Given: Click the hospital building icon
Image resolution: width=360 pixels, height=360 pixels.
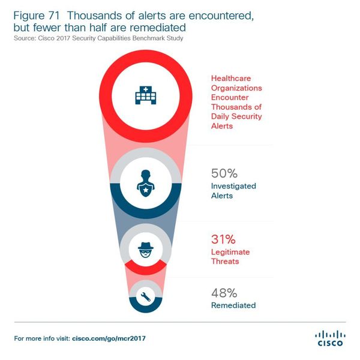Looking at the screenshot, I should coord(146,94).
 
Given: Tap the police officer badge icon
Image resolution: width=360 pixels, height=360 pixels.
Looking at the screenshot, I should coord(146,182).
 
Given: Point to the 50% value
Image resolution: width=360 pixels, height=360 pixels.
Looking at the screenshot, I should coord(225,173).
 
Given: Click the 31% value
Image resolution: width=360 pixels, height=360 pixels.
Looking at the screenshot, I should coord(224,239).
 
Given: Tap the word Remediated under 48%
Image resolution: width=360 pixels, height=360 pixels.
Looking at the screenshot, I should coord(233,305).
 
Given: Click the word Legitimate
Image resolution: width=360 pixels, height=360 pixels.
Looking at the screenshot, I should coord(230,252).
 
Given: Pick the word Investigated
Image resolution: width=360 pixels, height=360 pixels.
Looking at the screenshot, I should coord(233,186).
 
